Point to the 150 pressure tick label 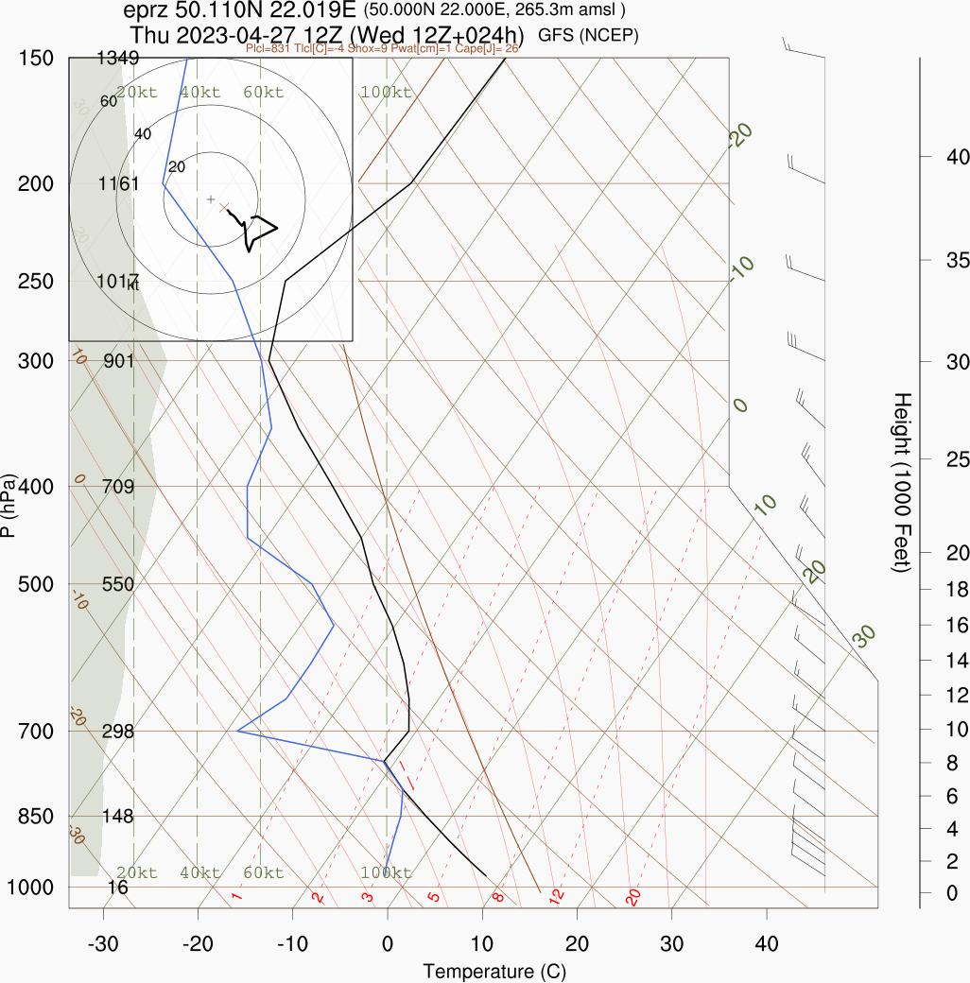pos(35,59)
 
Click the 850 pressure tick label pos(35,816)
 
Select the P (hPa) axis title pos(9,506)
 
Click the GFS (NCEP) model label pos(589,36)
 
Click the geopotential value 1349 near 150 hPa pos(118,59)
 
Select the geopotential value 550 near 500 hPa pos(118,584)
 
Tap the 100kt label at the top pos(386,93)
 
